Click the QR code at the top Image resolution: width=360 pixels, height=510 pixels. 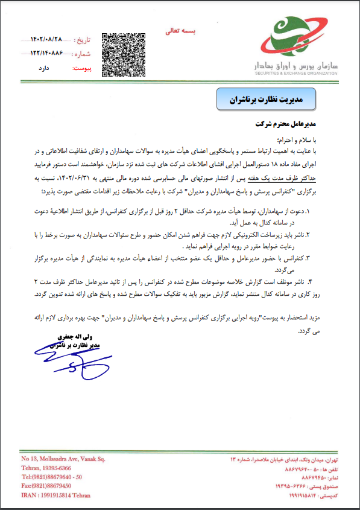[122, 53]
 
